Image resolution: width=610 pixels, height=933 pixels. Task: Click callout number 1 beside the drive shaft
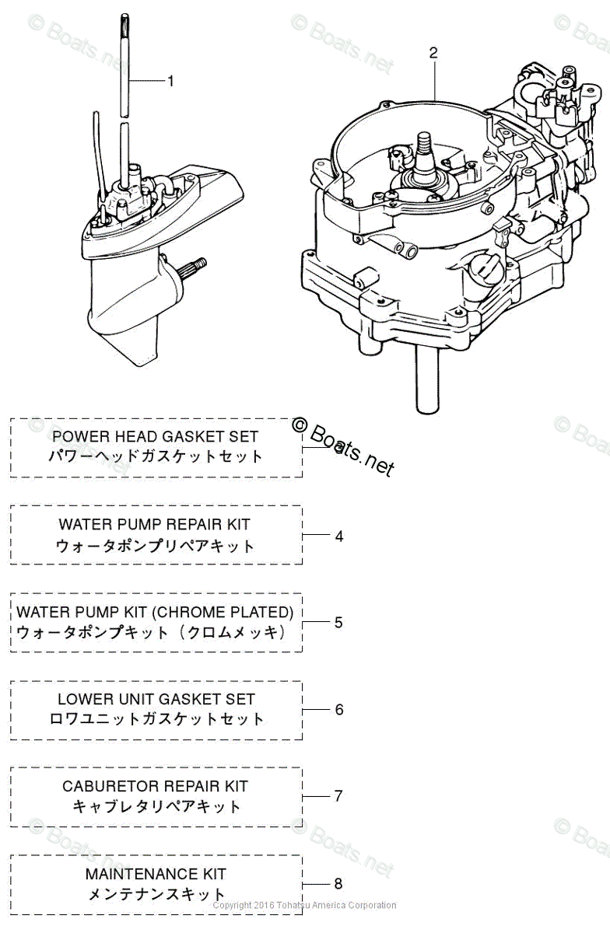click(171, 81)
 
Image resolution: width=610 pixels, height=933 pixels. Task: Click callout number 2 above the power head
click(433, 53)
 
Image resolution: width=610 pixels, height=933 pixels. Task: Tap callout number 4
click(338, 536)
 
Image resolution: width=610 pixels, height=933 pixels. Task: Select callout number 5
click(338, 622)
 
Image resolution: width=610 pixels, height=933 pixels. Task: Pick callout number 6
click(338, 709)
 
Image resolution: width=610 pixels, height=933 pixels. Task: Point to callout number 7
click(338, 796)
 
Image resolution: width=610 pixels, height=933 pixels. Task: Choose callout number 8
click(338, 883)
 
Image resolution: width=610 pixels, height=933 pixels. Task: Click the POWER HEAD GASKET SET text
click(155, 437)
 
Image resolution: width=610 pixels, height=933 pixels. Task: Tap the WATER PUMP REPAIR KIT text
click(155, 525)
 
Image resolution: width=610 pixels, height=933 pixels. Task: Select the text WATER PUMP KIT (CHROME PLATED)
click(155, 612)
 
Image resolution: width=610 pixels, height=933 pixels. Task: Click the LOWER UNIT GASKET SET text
click(156, 699)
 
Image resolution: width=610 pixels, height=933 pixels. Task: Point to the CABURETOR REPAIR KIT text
click(155, 786)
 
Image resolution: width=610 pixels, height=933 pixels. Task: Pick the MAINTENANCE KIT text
click(156, 874)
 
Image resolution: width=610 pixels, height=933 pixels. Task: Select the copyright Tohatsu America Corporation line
click(304, 905)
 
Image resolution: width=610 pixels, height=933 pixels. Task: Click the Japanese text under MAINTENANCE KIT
click(156, 894)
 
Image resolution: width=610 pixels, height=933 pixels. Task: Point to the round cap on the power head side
click(486, 271)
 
